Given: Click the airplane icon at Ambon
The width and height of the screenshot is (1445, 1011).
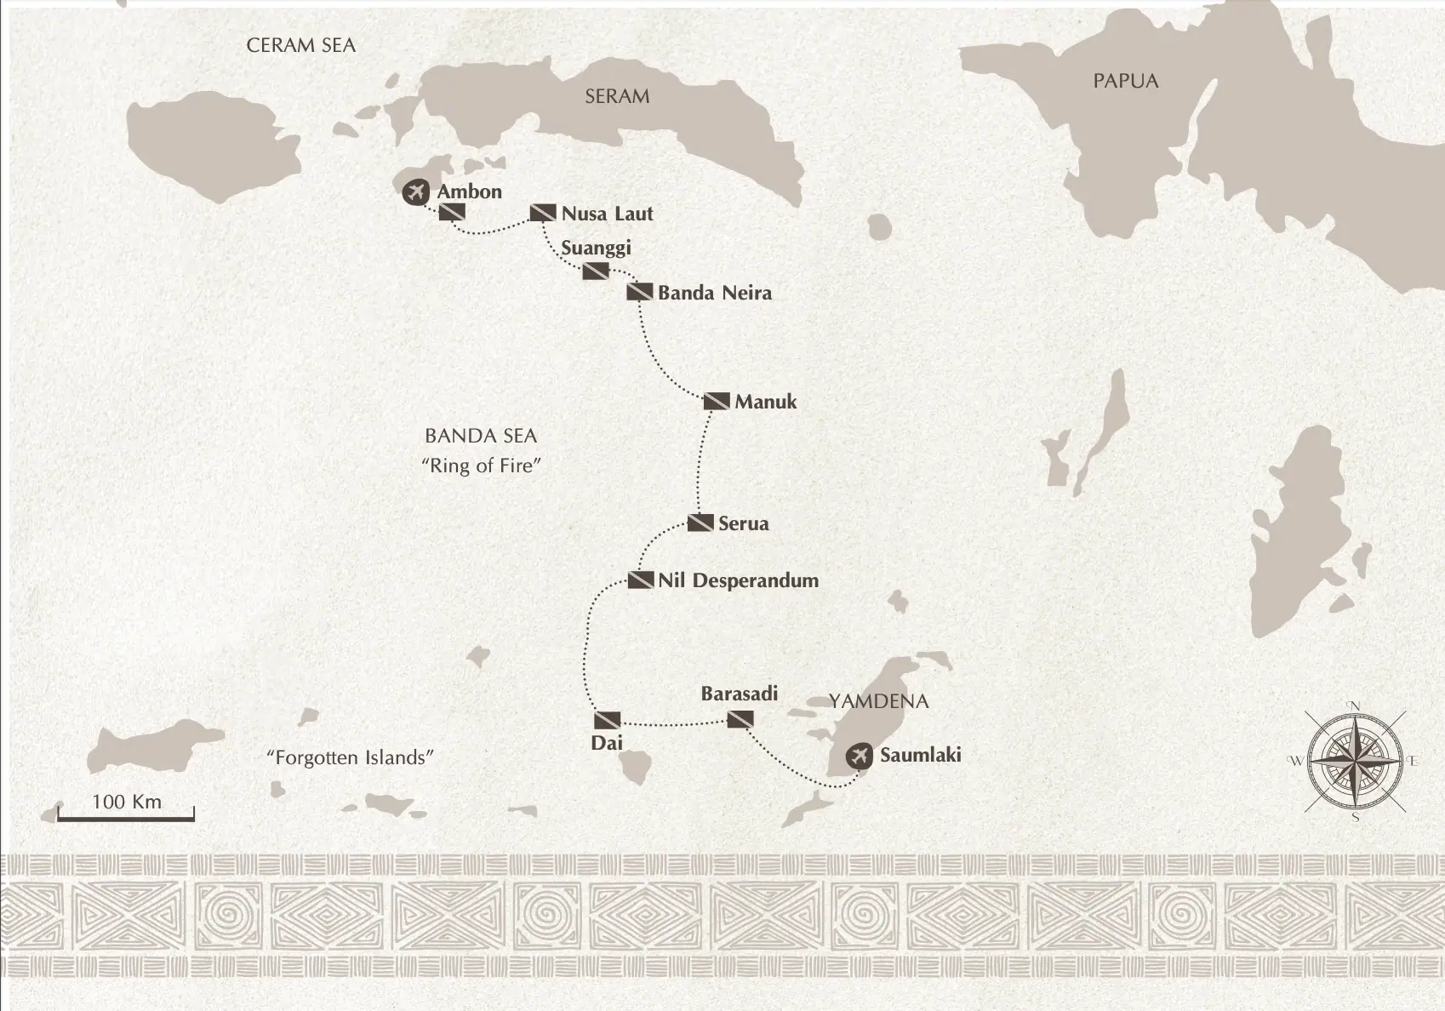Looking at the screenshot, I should (415, 191).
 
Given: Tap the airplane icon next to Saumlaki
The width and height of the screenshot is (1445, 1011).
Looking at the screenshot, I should (860, 755).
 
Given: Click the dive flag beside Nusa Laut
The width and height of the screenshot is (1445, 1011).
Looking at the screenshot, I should (543, 213).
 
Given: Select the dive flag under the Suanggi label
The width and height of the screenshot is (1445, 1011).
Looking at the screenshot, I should (596, 271).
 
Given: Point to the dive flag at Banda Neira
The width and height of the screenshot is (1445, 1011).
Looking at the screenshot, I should (640, 292).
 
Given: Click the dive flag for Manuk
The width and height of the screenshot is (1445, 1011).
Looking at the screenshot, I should (717, 401).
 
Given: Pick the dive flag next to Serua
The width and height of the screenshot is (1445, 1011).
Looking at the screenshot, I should (700, 523).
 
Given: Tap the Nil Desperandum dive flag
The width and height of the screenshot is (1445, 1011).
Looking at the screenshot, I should (640, 580).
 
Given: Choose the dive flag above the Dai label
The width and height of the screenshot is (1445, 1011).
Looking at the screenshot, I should (607, 720).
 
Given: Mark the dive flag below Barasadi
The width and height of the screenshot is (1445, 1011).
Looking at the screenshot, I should (740, 720).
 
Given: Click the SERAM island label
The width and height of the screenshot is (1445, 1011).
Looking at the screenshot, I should (617, 96).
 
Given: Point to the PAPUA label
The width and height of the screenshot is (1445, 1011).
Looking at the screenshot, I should (1125, 81).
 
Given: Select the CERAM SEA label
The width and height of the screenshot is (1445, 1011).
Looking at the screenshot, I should (300, 45).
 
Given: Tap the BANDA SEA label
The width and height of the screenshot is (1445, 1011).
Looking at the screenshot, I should (481, 436).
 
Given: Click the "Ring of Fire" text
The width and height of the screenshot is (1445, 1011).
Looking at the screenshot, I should (482, 466).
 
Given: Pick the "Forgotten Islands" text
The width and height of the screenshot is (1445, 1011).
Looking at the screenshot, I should (350, 757).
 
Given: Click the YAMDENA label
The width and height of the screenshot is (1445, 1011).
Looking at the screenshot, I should (878, 701).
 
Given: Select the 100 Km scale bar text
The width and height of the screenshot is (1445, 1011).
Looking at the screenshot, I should (126, 802).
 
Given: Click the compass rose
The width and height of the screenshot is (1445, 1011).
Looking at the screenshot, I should (1354, 760).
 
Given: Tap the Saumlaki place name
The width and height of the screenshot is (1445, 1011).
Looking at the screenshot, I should (920, 754).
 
